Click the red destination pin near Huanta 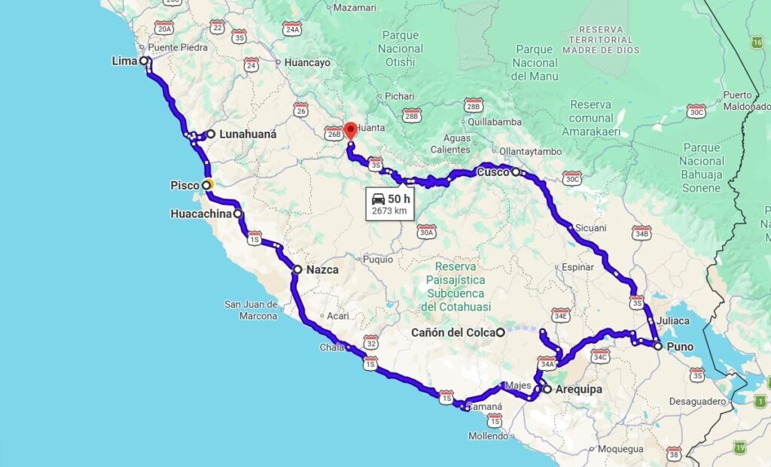350,130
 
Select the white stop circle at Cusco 516,172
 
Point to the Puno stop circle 658,346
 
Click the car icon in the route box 379,199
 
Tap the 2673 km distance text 389,211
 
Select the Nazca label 322,269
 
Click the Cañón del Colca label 453,332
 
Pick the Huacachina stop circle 239,214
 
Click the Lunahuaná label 248,135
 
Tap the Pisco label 184,185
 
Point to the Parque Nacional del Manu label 535,62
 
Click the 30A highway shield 427,232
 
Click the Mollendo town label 488,436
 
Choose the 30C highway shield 696,111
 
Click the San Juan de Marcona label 251,310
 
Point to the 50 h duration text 401,199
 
